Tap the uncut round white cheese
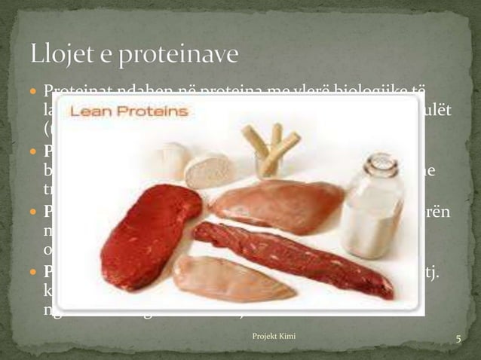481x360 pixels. point(170,160)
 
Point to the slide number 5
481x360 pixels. point(457,340)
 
